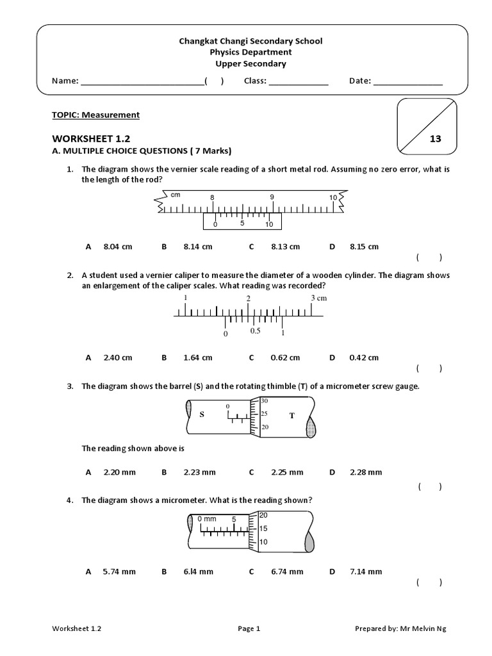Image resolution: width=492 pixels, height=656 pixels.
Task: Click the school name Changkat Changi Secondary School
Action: tap(250, 41)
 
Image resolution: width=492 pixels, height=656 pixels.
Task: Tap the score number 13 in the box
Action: tap(435, 139)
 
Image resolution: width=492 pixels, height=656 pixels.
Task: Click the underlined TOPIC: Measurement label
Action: tap(95, 115)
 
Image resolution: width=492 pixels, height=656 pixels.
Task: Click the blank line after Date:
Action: tap(407, 82)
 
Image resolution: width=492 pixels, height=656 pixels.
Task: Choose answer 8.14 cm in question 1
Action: tap(197, 247)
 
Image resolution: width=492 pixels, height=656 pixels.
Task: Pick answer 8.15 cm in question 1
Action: tap(364, 247)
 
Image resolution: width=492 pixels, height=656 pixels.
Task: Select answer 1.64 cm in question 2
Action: tap(197, 358)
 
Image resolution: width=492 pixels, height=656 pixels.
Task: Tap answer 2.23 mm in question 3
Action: tap(199, 473)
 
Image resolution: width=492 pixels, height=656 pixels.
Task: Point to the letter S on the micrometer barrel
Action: tap(201, 415)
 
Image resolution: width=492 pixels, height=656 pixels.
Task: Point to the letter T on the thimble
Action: tap(291, 416)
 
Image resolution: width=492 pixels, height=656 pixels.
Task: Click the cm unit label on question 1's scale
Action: tap(175, 194)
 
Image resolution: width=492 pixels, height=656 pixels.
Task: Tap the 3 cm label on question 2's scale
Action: tap(318, 299)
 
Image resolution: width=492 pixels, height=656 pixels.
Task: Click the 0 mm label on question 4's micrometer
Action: tap(206, 518)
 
